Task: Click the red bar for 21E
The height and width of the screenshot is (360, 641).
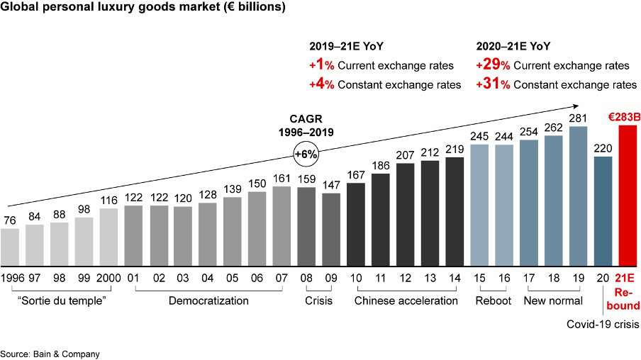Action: (630, 193)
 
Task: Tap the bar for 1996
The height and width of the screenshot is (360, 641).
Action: (10, 245)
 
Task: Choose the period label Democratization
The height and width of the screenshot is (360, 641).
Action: (208, 300)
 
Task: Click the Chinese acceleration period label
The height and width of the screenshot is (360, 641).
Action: (407, 300)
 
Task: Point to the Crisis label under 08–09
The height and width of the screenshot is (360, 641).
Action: (318, 300)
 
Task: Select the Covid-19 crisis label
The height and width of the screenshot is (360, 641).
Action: (602, 323)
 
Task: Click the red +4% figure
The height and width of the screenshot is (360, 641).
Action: (323, 85)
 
